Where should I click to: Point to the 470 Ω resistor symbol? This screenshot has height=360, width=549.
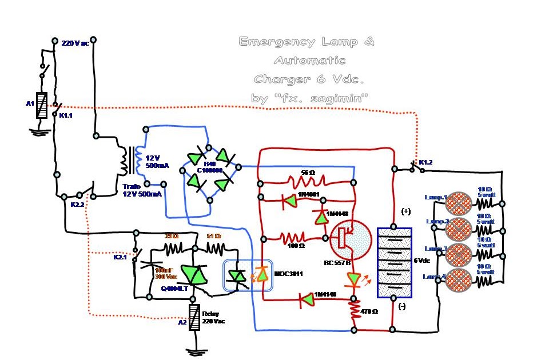355,312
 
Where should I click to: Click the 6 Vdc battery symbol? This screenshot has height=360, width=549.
394,262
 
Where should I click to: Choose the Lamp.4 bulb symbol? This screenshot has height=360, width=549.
457,280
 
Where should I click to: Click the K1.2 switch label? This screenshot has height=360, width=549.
425,163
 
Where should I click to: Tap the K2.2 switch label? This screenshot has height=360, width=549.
77,204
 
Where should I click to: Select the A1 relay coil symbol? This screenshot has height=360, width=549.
41,106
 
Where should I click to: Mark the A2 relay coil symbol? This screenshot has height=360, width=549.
195,318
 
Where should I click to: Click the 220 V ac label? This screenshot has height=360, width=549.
75,43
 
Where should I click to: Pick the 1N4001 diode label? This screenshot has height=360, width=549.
307,194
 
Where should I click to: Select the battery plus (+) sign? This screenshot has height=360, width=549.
406,211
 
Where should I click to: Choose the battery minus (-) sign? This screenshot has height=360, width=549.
402,307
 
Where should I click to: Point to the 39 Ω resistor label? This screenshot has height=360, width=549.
171,236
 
